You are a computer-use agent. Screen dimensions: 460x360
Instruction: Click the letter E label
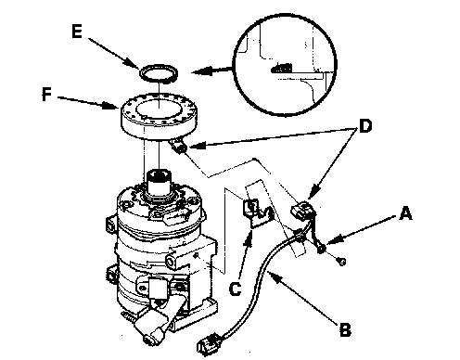tap(77, 32)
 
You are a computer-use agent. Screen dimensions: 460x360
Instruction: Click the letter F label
tap(46, 95)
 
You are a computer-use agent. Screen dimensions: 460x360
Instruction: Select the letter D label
tap(365, 126)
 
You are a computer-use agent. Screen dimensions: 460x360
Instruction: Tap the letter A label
tap(405, 213)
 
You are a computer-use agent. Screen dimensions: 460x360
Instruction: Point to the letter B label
tap(345, 329)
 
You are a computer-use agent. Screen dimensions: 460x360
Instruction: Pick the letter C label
tap(235, 289)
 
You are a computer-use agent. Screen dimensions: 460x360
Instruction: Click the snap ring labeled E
tap(159, 74)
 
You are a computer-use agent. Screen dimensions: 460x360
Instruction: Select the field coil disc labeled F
tap(159, 116)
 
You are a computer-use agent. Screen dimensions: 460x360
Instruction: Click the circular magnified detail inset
tap(285, 65)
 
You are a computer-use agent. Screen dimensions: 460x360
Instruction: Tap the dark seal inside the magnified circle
tap(282, 68)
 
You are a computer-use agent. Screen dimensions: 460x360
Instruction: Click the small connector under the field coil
tap(178, 146)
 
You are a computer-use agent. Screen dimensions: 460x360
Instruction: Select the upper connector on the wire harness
tap(302, 211)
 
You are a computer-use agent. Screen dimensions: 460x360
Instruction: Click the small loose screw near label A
tap(341, 262)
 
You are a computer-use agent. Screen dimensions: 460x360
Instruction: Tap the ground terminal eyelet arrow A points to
tap(321, 248)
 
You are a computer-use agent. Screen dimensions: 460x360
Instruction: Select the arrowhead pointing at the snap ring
tap(133, 64)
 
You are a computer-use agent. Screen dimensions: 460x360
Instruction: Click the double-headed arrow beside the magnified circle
tap(211, 71)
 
